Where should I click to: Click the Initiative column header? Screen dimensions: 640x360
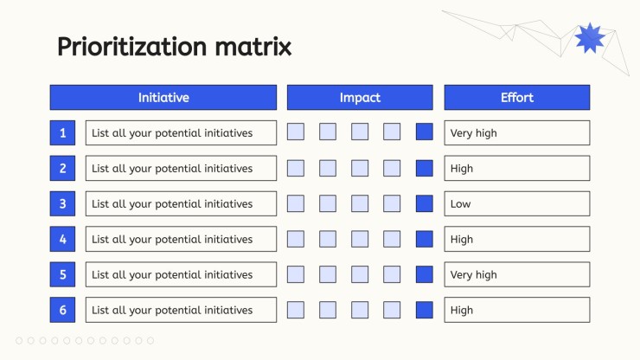coord(163,97)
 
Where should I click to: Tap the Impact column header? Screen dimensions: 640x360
coord(360,97)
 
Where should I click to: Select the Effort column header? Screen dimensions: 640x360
coord(516,97)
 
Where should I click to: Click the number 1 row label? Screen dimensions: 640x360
coord(62,132)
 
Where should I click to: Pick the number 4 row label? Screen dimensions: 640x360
coord(62,239)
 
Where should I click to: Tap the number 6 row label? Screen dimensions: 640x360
coord(62,310)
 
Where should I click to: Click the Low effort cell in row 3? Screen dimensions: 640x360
coord(516,203)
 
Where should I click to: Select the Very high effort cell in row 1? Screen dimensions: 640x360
coord(516,132)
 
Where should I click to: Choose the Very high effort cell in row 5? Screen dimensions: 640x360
coord(516,274)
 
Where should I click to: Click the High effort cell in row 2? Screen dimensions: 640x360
coord(516,168)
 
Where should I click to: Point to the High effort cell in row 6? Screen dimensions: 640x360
coord(516,310)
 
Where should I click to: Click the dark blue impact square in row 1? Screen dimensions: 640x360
coord(424,132)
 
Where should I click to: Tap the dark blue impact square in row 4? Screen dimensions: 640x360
coord(424,239)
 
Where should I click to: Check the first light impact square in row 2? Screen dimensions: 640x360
coord(296,168)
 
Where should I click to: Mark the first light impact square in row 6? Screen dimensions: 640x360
coord(296,310)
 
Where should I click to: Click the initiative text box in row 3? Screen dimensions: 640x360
coord(181,203)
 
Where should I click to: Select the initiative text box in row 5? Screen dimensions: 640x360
coord(181,274)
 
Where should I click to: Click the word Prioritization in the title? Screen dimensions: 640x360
coord(131,47)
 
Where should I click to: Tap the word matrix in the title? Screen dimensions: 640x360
coord(253,46)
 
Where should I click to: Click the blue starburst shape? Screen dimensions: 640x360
coord(589,38)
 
